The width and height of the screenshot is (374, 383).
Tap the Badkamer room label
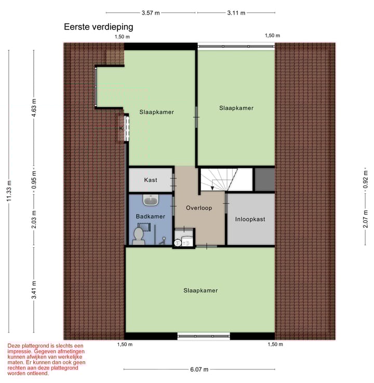pyautogui.click(x=150, y=216)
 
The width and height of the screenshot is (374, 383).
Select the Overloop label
pyautogui.click(x=199, y=208)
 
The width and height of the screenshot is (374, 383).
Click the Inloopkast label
pyautogui.click(x=250, y=219)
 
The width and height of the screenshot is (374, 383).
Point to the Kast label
pyautogui.click(x=151, y=180)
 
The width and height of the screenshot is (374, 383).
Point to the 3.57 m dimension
pyautogui.click(x=151, y=12)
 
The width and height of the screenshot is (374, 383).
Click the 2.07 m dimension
pyautogui.click(x=365, y=219)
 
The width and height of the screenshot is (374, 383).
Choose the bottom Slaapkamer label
pyautogui.click(x=200, y=290)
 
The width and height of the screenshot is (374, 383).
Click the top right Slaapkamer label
pyautogui.click(x=236, y=108)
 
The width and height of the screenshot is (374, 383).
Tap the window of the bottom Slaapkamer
pyautogui.click(x=204, y=336)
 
